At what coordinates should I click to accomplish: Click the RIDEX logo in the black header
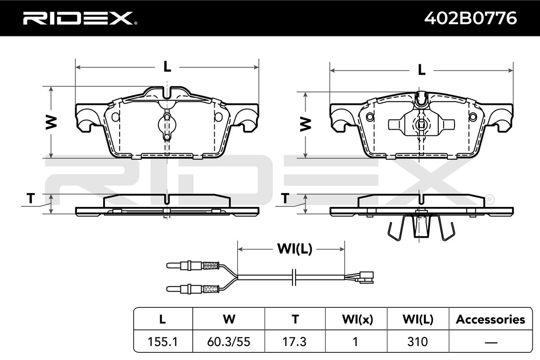click(80, 18)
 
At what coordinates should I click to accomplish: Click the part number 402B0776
click(470, 18)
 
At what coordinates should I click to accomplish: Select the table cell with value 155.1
click(163, 342)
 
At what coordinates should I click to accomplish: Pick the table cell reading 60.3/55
click(229, 342)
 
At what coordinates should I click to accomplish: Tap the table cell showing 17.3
click(295, 342)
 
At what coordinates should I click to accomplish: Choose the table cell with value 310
click(418, 342)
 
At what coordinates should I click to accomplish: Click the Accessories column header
click(490, 319)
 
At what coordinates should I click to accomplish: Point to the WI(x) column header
click(357, 319)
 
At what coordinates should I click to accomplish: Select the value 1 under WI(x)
click(355, 342)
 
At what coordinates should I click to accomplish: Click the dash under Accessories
click(490, 342)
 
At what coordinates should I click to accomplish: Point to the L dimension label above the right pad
click(421, 70)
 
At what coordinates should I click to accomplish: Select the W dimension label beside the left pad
click(51, 122)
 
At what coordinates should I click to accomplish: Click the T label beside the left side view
click(31, 198)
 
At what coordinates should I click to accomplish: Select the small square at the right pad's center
click(421, 125)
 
